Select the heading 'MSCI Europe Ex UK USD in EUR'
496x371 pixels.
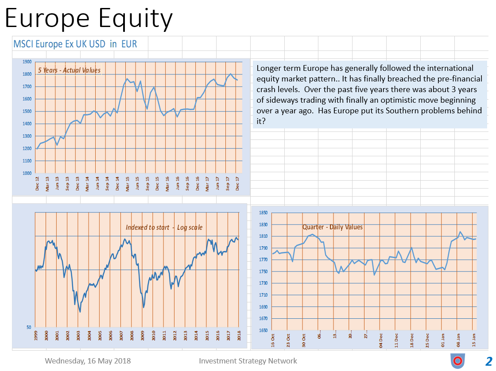pyautogui.click(x=75, y=44)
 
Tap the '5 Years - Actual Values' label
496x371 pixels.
pyautogui.click(x=69, y=70)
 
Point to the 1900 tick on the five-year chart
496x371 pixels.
pyautogui.click(x=27, y=62)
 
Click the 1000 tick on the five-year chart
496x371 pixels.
pyautogui.click(x=27, y=173)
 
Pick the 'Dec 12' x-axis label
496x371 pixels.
pyautogui.click(x=37, y=184)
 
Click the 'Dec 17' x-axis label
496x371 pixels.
pyautogui.click(x=236, y=184)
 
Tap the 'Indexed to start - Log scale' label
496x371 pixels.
pyautogui.click(x=164, y=227)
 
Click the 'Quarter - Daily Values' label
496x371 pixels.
pyautogui.click(x=332, y=227)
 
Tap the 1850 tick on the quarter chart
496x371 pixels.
pyautogui.click(x=262, y=213)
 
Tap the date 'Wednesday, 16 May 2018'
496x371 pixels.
pyautogui.click(x=88, y=361)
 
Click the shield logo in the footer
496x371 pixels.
pyautogui.click(x=457, y=361)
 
